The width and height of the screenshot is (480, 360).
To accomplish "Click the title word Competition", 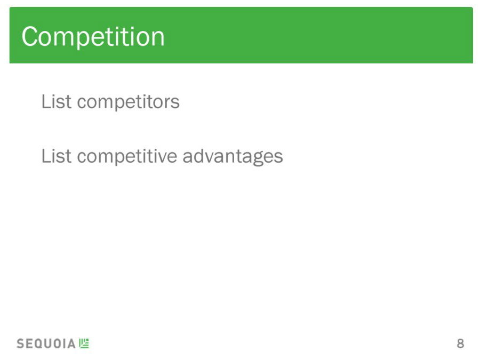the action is pos(93,37).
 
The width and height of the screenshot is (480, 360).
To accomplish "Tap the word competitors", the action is pos(128,102).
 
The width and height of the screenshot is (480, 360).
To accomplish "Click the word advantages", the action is pos(233,157).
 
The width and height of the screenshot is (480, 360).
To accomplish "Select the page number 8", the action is pos(460,343).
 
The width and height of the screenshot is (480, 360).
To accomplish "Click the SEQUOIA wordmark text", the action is pos(46,343).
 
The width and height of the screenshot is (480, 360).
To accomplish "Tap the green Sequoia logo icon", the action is pos(84,343).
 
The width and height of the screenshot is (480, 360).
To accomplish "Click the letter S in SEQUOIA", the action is pos(20,343).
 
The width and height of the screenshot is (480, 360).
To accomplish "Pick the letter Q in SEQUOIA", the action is pos(38,344).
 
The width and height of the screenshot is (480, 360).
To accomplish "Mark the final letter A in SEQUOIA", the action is pos(71,343).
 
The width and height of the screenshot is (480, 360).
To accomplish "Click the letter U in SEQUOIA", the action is pos(47,343).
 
